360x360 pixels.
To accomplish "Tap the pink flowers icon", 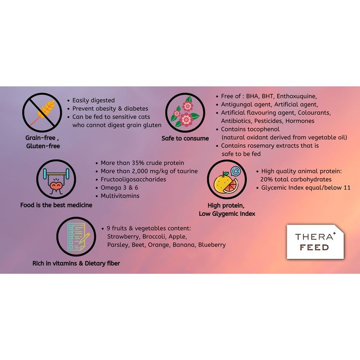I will (183, 112).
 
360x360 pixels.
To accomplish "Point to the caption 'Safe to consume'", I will (185, 138).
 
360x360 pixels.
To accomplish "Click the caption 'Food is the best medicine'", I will (56, 205).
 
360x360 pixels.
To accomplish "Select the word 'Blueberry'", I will (212, 244).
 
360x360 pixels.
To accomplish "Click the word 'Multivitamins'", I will (120, 196).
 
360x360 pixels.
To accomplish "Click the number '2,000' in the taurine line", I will (144, 171).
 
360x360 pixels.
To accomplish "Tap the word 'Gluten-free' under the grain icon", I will (43, 146).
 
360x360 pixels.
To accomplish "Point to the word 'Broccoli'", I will (157, 237).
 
